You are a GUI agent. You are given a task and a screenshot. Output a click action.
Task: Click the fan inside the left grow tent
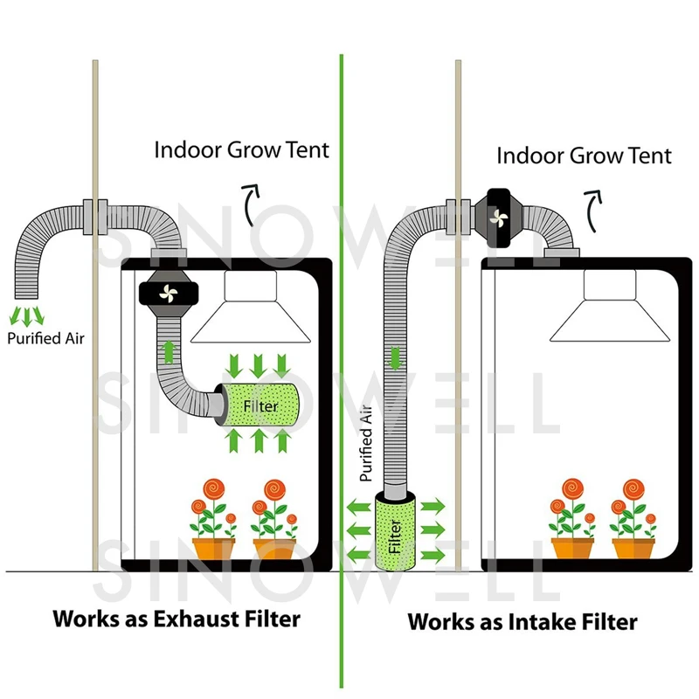(169, 294)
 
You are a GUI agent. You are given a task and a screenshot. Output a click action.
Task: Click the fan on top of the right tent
(498, 218)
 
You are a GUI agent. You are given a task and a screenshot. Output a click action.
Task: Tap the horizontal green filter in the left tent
(260, 405)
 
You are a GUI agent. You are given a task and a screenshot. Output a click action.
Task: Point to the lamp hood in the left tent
(251, 308)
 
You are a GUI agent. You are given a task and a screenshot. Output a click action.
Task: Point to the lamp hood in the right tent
(610, 307)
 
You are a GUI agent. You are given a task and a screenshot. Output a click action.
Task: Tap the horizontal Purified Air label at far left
(46, 338)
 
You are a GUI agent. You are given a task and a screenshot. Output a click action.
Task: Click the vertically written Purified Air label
(366, 443)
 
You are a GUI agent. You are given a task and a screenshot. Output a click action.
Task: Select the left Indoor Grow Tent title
(242, 149)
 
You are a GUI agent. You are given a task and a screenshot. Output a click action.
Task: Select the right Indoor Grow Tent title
(584, 156)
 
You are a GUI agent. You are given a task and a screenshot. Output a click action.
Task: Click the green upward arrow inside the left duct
(169, 352)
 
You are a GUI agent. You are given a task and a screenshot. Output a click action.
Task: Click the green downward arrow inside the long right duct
(395, 358)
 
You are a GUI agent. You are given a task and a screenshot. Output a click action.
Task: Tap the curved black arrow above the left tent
(250, 204)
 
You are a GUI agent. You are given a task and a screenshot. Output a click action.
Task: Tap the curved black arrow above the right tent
(593, 211)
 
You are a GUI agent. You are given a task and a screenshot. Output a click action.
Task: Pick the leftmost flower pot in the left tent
(213, 549)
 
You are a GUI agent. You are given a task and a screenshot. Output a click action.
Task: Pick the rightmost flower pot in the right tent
(633, 548)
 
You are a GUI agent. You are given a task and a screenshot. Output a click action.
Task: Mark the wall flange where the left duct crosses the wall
(95, 217)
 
